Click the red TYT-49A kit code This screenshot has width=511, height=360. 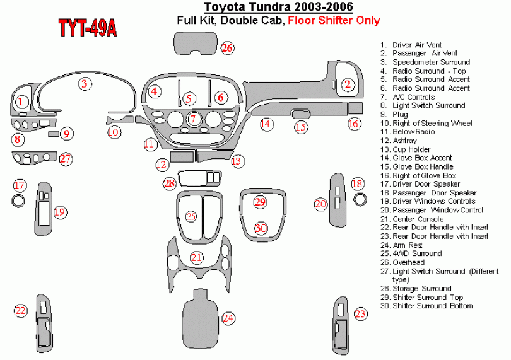(87, 28)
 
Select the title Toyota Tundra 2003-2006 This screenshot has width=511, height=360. (278, 8)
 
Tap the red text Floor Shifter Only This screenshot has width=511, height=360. (334, 20)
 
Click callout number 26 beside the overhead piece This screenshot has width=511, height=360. (227, 48)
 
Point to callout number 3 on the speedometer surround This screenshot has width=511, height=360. (83, 83)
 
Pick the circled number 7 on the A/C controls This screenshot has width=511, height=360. (194, 118)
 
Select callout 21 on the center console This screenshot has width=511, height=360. (197, 257)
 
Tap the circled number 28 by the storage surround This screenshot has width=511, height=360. (169, 183)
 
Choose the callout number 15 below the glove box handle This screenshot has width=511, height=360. (302, 128)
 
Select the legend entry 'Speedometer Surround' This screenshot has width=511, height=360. (431, 62)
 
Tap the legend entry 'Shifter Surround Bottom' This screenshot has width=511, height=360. (432, 306)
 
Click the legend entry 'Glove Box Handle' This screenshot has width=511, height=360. (423, 166)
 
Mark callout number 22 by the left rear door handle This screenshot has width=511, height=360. (21, 310)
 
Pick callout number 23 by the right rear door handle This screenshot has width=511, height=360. (360, 314)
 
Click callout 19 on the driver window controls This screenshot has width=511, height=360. (60, 212)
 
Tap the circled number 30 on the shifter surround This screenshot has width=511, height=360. (261, 228)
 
